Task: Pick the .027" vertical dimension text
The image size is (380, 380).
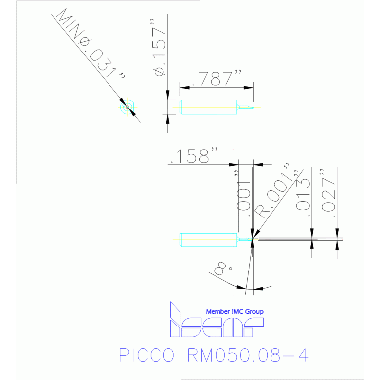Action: tap(328, 195)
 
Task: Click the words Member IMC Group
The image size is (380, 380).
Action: tap(234, 311)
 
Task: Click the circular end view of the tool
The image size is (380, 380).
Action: tap(127, 107)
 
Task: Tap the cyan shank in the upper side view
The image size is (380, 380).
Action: tap(208, 107)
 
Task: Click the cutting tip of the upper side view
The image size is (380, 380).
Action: tap(252, 107)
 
